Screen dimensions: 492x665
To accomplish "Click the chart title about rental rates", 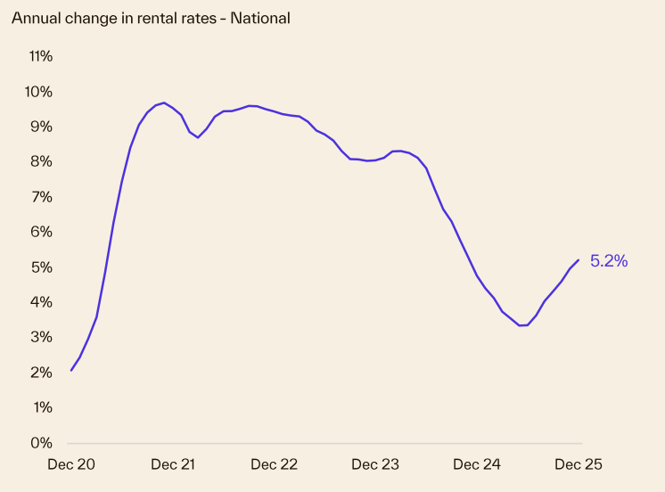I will [x=151, y=18].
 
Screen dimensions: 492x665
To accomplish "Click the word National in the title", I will [x=260, y=18].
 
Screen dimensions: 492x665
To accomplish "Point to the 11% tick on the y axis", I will [x=41, y=56].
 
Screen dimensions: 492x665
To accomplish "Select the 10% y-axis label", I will [x=39, y=92].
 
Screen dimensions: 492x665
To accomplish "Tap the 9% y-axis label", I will [x=42, y=127].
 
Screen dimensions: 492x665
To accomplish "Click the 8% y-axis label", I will [x=42, y=161].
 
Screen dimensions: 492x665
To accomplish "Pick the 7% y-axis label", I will [x=42, y=197].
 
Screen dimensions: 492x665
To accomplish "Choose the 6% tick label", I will [x=42, y=232].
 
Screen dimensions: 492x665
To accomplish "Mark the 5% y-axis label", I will [x=42, y=267].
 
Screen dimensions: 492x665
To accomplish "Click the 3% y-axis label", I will [x=42, y=337].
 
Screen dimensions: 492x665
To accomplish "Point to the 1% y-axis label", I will [x=42, y=407].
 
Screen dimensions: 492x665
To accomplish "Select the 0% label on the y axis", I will [x=42, y=443].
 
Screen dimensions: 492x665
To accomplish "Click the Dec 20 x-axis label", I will [x=72, y=464].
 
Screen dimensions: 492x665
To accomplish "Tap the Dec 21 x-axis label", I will [x=173, y=464].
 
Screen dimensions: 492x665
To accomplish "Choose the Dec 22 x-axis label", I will [x=275, y=464].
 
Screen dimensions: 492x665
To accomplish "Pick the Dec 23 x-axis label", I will [x=375, y=464].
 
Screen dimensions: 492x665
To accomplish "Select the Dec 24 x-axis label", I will [x=477, y=464].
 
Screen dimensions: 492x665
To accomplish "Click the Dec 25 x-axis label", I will [x=579, y=464].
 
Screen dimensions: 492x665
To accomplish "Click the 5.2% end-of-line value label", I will [x=609, y=261].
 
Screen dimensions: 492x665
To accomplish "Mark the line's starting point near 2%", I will [x=71, y=370].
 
